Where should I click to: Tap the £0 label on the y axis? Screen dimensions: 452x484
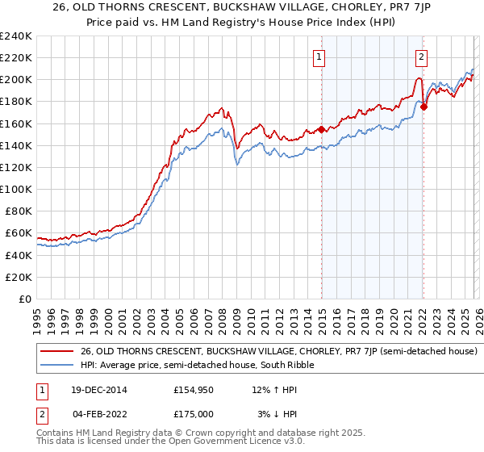tap(24, 299)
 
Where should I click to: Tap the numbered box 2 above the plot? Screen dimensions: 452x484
tap(422, 56)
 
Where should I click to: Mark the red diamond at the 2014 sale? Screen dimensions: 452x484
tap(321, 129)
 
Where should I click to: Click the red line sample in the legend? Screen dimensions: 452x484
tap(57, 352)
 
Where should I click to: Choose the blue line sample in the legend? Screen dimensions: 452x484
tap(57, 366)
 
